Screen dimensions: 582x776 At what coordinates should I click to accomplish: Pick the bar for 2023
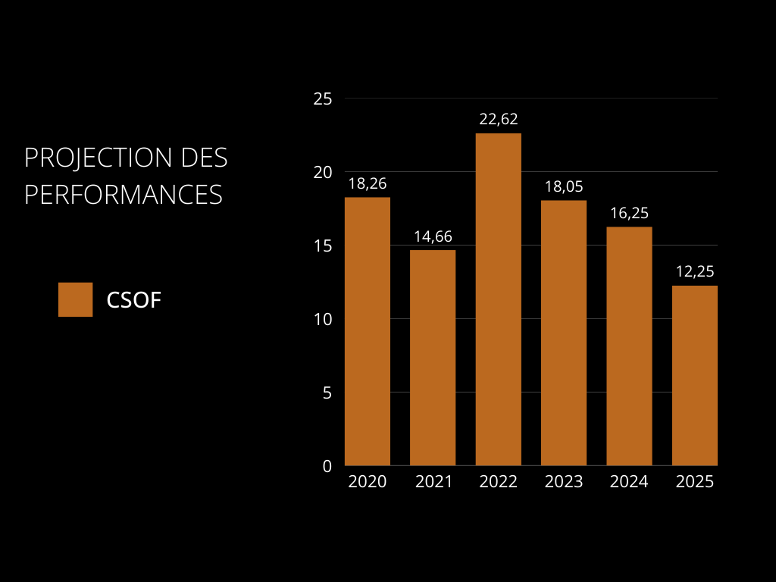point(564,333)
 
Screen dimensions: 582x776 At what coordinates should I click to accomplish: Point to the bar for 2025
point(695,375)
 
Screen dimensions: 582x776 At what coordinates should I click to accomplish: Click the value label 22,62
point(499,119)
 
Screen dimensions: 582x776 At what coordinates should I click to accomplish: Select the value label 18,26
point(368,183)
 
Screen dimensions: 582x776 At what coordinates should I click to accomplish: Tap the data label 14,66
point(433,236)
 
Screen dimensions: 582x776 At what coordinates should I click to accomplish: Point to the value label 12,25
point(695,271)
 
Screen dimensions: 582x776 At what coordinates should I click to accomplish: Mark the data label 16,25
point(629,213)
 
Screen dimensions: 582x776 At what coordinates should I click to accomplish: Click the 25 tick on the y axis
point(323,99)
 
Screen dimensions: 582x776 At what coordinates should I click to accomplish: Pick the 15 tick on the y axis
point(323,246)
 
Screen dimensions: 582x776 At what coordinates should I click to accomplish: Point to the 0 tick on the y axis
point(327,466)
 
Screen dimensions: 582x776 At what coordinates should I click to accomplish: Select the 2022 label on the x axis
point(499,482)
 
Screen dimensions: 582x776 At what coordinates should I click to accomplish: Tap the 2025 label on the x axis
point(695,482)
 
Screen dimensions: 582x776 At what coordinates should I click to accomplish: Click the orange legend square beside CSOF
point(75,299)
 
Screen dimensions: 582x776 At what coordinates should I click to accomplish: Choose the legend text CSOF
point(134,300)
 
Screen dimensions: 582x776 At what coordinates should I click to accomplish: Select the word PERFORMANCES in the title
point(124,194)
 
